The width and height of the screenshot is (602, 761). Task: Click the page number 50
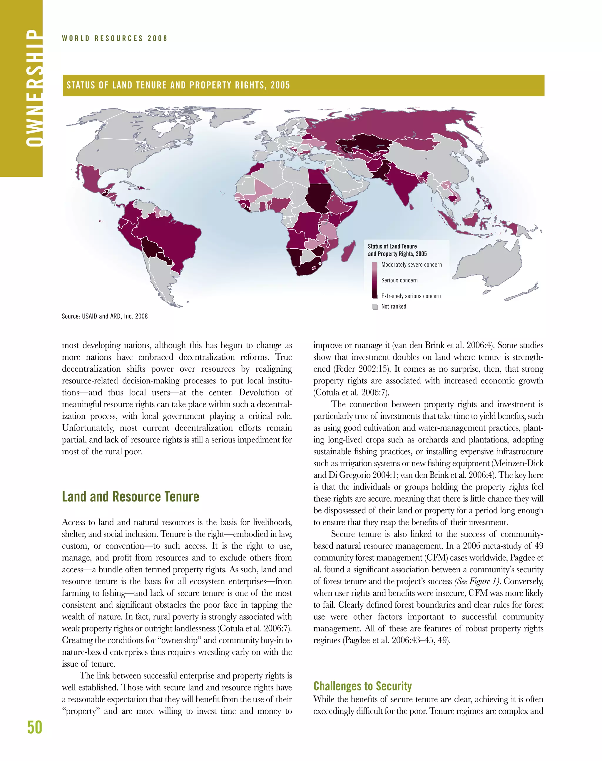tap(35, 727)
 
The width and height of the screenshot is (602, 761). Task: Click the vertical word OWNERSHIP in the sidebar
tap(34, 88)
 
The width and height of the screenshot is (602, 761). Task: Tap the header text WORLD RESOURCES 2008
tap(115, 38)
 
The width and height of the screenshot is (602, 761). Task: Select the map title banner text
tap(178, 85)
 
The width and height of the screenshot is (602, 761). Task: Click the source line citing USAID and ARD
tap(105, 316)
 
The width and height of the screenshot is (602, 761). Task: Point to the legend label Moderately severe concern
tap(411, 265)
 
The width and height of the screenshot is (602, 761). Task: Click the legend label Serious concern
tap(399, 280)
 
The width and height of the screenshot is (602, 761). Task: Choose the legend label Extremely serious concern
tap(411, 296)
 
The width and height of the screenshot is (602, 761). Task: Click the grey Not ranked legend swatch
tap(375, 306)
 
